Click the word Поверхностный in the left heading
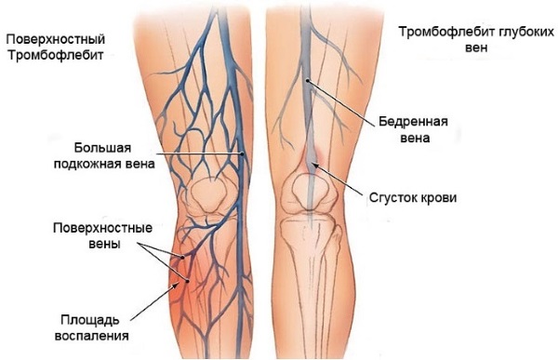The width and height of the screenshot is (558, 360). pos(53,39)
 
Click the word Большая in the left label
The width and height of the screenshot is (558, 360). pos(99,147)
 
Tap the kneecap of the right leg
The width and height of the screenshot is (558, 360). pos(310,190)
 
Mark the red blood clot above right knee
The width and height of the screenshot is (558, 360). pos(314,158)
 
